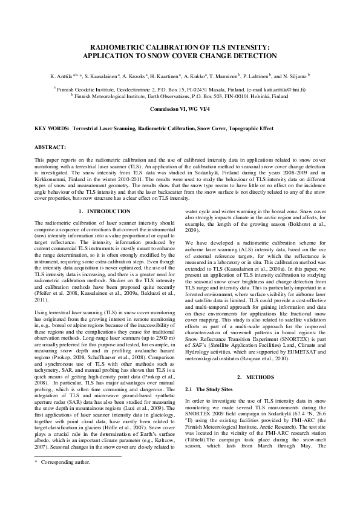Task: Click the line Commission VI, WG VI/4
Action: coord(180,108)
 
